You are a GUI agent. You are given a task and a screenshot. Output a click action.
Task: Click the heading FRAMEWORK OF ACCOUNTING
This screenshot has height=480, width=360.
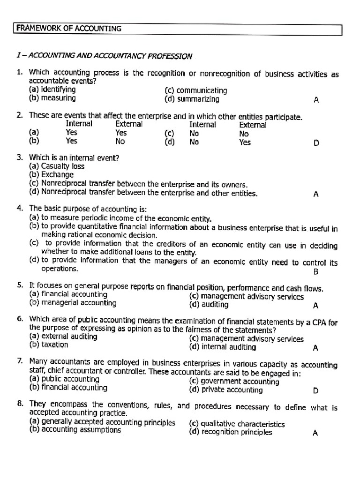pos(69,29)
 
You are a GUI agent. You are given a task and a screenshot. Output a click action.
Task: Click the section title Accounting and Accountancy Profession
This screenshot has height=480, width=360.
pos(104,56)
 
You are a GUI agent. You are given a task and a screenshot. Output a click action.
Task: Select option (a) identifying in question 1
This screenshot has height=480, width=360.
pos(52,90)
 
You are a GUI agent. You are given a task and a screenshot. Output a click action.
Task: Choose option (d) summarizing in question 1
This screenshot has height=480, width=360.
pos(192,99)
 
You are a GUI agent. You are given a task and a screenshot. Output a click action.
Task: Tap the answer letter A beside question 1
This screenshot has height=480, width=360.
pos(316,100)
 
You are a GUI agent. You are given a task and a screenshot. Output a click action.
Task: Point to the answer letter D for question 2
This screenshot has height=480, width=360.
pos(316,143)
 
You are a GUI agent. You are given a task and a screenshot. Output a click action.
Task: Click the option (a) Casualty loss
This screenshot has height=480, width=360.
pos(57,166)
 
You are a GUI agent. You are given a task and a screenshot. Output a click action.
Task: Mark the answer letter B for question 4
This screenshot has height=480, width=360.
pos(315,272)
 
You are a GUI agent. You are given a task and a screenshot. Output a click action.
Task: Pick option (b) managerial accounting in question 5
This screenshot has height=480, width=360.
pos(73,303)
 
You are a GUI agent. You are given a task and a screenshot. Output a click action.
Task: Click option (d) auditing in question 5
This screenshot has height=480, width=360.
pos(209,305)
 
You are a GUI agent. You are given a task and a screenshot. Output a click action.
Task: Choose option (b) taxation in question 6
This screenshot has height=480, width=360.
pos(48,345)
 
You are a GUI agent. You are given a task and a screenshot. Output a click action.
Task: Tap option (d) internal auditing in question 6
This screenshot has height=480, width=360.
pos(223,347)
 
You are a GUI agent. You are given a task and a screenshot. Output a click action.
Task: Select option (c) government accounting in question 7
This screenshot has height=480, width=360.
pos(234,381)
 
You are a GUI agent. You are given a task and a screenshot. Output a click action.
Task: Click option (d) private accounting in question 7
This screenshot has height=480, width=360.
pos(226,390)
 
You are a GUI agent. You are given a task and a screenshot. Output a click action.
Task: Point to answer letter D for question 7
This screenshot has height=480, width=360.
pos(315,390)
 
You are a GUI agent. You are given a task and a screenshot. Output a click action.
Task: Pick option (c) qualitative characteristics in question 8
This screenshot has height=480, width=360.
pos(237,424)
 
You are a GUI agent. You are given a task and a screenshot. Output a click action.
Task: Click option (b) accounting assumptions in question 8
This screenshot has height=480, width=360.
pos(75,430)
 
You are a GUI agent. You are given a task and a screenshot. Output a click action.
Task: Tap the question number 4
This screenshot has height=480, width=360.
pos(20,208)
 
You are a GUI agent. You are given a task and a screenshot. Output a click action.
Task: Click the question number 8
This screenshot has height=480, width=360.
pos(20,404)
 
